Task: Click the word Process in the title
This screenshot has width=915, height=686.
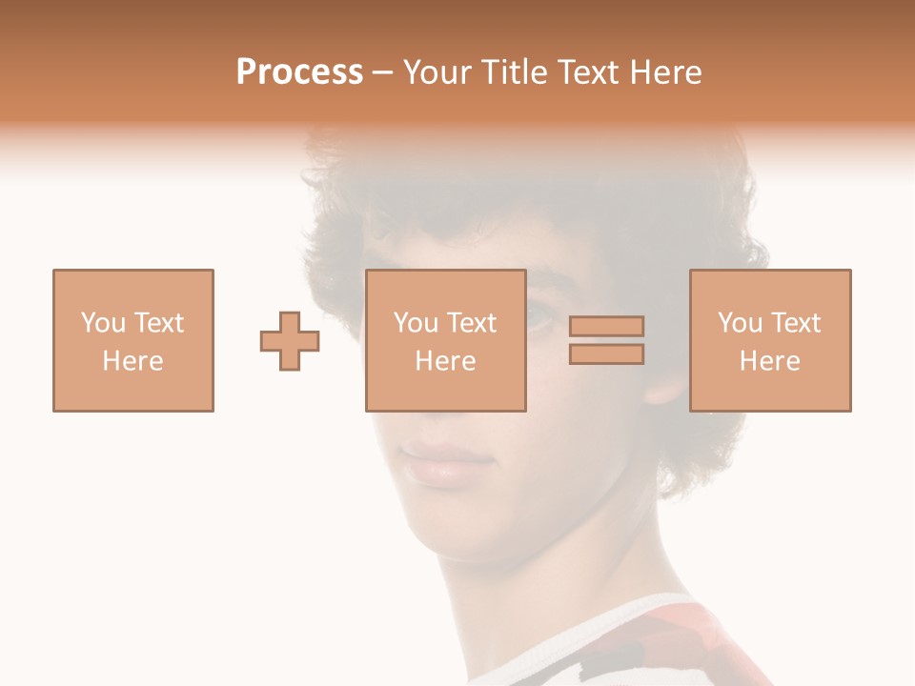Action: coord(299,72)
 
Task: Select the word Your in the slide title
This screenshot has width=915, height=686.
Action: coord(437,72)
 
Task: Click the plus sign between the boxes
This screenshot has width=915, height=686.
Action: coord(290,340)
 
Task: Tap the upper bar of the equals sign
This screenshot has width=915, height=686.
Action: coord(606,326)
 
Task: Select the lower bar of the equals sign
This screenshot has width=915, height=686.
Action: coord(606,354)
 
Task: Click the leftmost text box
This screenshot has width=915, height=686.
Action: coord(133,340)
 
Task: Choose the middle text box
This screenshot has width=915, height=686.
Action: coord(445,340)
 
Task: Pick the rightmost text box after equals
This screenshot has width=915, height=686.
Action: coord(769,340)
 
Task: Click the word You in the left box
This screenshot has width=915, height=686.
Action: coord(103,323)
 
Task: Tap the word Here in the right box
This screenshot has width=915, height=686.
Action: coord(769,361)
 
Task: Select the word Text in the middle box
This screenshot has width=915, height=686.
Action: coord(472,323)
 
